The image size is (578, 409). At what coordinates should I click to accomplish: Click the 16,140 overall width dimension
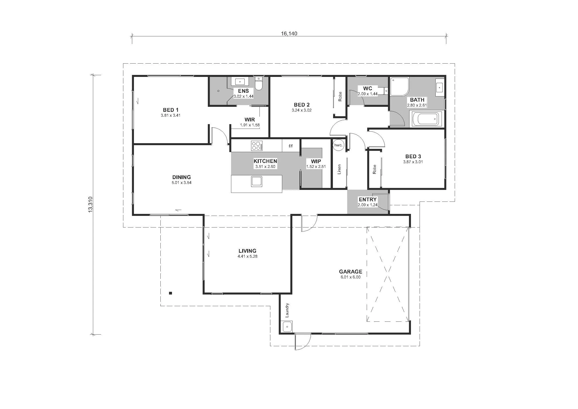click(289, 33)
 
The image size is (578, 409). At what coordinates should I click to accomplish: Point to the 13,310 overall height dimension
click(90, 204)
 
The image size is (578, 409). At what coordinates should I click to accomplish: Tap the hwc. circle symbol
click(338, 145)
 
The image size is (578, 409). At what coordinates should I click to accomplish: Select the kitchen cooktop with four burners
click(257, 146)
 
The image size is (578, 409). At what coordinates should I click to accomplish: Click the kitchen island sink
click(257, 182)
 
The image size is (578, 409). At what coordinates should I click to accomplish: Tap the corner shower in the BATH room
click(400, 87)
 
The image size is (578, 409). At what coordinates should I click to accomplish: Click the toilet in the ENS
click(259, 83)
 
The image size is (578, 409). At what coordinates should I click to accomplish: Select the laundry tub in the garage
click(287, 327)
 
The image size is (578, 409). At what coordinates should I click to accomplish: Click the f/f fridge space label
click(291, 146)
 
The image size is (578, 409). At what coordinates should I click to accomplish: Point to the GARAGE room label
click(350, 272)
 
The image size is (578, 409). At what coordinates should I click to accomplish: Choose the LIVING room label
click(247, 251)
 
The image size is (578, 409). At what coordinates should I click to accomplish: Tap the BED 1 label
click(171, 110)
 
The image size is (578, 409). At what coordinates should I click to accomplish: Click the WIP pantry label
click(316, 161)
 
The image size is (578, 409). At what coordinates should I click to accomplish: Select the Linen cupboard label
click(339, 169)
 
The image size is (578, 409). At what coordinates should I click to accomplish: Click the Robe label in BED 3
click(374, 169)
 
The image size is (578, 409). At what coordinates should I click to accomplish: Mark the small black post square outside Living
click(171, 293)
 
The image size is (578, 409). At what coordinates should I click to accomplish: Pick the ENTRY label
click(368, 200)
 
